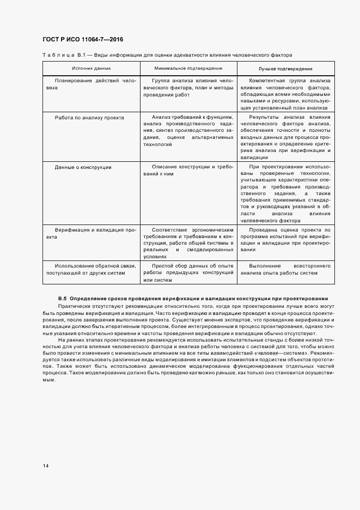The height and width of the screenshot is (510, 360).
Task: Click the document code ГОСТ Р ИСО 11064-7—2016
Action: point(83,40)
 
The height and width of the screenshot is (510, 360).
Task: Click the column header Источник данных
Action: point(91,69)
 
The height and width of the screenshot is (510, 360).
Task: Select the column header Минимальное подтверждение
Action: point(188,69)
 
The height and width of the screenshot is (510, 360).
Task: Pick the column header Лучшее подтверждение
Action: point(285,69)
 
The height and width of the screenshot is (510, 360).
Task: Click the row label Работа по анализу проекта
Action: point(89,117)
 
